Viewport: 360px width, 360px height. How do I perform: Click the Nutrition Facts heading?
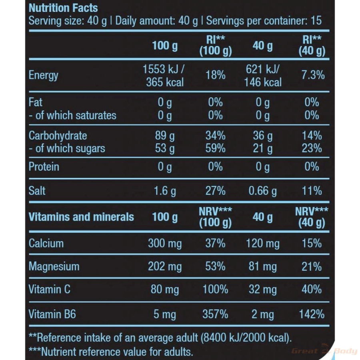pos(63,8)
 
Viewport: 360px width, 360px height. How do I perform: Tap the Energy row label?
pos(44,75)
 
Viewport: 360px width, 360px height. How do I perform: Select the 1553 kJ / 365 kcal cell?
pos(164,75)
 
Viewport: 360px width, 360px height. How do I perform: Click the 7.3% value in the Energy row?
pos(312,75)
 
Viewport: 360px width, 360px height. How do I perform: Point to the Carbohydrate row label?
pos(58,136)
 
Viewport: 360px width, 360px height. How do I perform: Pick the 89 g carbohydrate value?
pos(164,136)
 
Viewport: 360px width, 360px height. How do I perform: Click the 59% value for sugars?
pos(216,148)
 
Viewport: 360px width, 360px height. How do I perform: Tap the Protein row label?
pos(44,167)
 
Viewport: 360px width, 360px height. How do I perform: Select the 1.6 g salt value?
pos(164,191)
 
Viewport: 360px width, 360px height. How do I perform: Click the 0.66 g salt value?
pos(262,191)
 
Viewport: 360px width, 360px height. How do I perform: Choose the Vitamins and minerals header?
pos(81,217)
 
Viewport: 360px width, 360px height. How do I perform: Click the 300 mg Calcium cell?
pos(164,243)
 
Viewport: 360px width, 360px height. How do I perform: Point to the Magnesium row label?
pos(54,266)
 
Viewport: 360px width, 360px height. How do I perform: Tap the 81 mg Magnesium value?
pos(262,266)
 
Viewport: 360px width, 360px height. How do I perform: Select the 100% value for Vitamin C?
pos(216,289)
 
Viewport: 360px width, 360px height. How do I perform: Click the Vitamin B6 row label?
pos(52,314)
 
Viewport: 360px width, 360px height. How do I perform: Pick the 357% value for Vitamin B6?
pos(216,314)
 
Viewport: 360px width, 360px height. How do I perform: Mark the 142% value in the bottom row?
pos(312,314)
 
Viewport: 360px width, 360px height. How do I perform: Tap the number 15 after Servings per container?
pos(316,21)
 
